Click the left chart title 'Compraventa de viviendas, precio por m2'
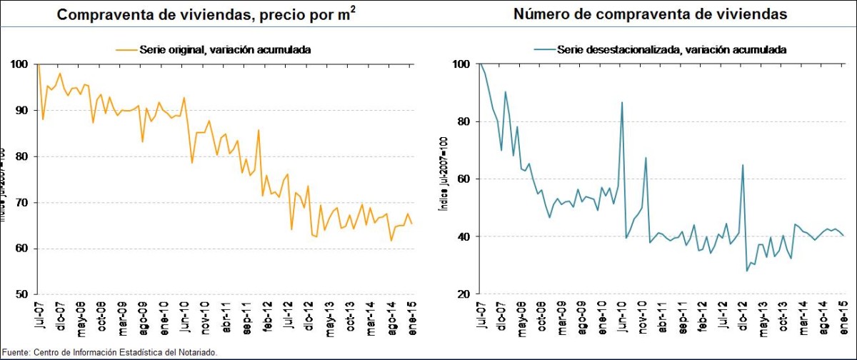(x=208, y=15)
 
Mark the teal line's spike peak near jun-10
(x=622, y=102)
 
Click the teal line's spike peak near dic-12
(x=743, y=165)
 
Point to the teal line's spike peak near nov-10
(x=646, y=158)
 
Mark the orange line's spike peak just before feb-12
(x=258, y=129)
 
